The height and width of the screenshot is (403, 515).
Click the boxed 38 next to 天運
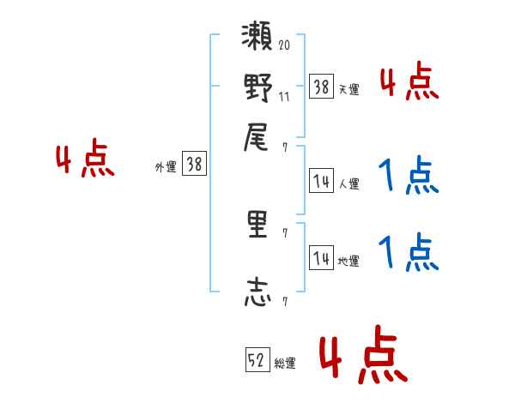(x=321, y=87)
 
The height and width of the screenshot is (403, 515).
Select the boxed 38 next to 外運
(x=194, y=165)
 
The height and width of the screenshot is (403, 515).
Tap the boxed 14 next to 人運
(x=321, y=181)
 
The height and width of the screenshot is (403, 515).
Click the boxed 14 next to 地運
(x=321, y=258)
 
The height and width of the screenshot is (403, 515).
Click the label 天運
(x=349, y=89)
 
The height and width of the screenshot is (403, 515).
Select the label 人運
(x=349, y=183)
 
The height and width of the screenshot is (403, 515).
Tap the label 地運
(x=349, y=261)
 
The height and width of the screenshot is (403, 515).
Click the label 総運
(x=286, y=364)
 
